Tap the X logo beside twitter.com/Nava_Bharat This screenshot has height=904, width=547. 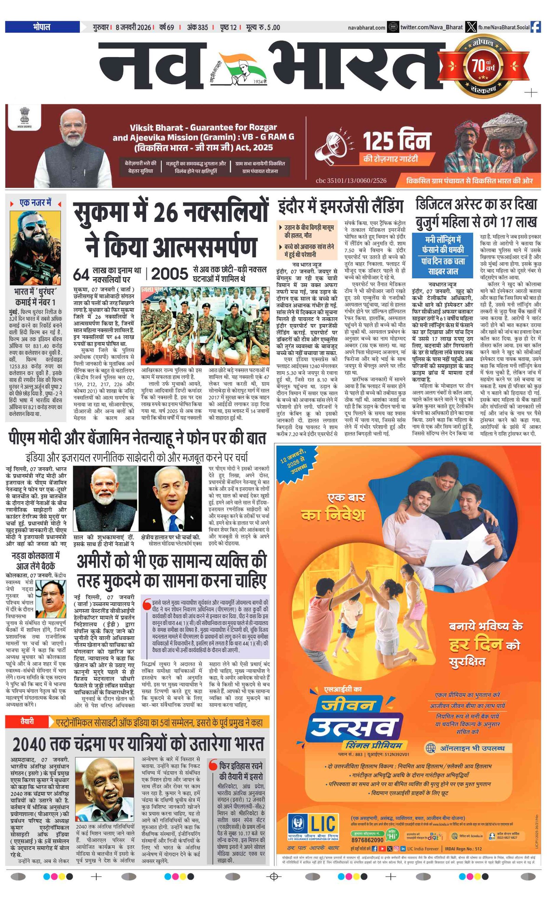click(x=471, y=27)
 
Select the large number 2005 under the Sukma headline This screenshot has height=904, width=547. click(x=169, y=274)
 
